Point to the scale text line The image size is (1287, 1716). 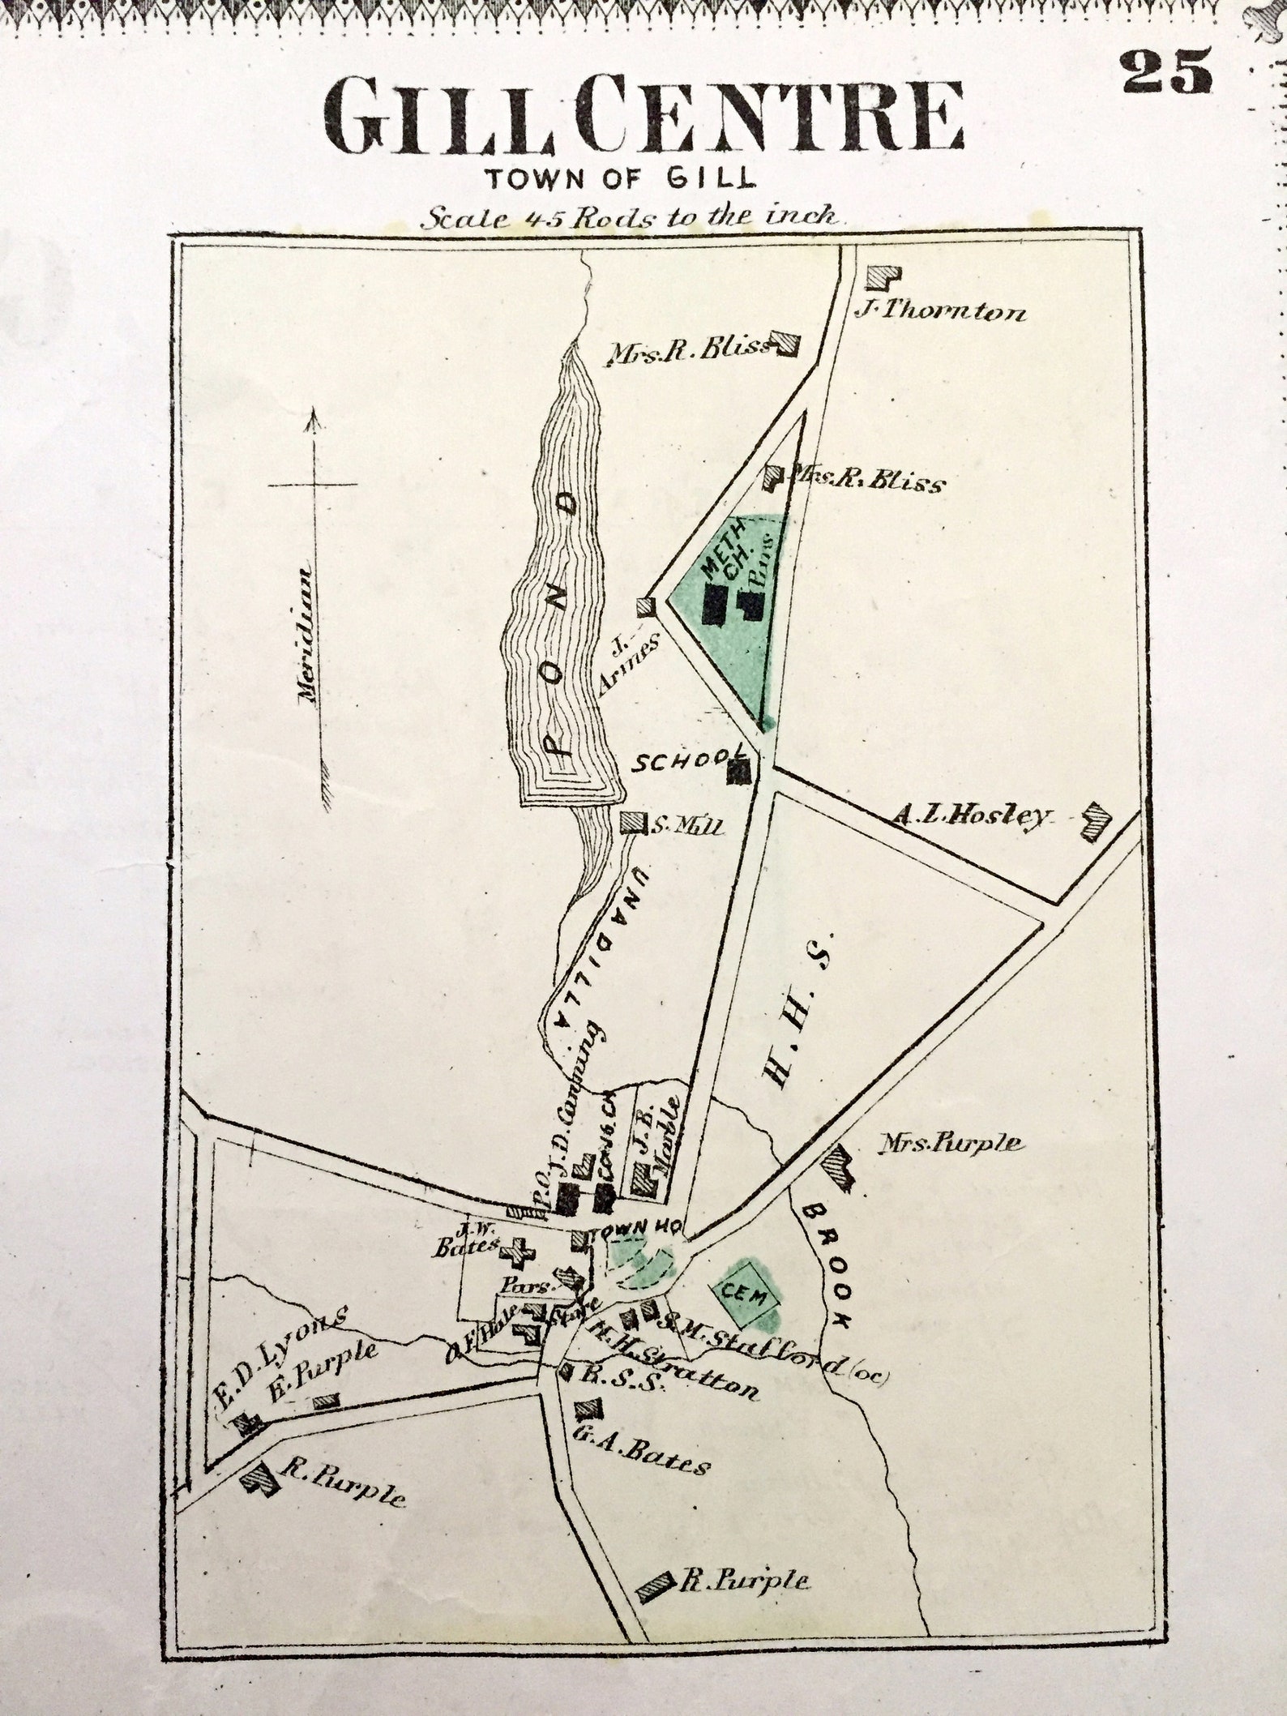(636, 216)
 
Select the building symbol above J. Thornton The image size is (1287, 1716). (882, 277)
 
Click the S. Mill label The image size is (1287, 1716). (686, 827)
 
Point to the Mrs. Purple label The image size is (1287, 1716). (952, 1144)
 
